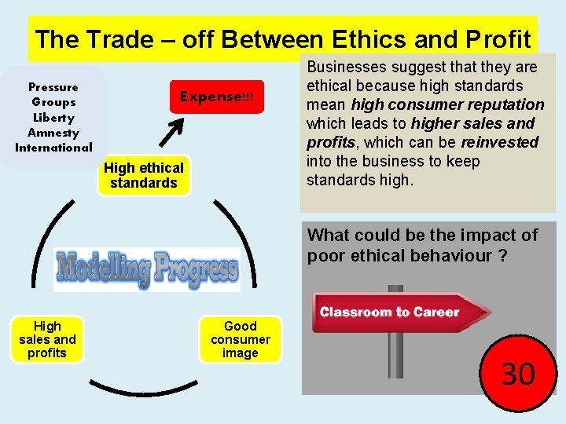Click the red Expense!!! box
click(x=216, y=97)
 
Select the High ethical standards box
click(x=144, y=175)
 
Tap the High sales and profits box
click(x=47, y=339)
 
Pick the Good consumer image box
click(x=240, y=339)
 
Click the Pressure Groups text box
click(x=53, y=117)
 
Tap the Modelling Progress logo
click(x=147, y=270)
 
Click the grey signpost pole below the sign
click(x=395, y=353)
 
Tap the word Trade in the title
click(x=116, y=38)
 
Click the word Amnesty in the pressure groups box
click(x=53, y=133)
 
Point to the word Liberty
click(x=53, y=118)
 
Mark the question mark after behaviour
click(x=502, y=257)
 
